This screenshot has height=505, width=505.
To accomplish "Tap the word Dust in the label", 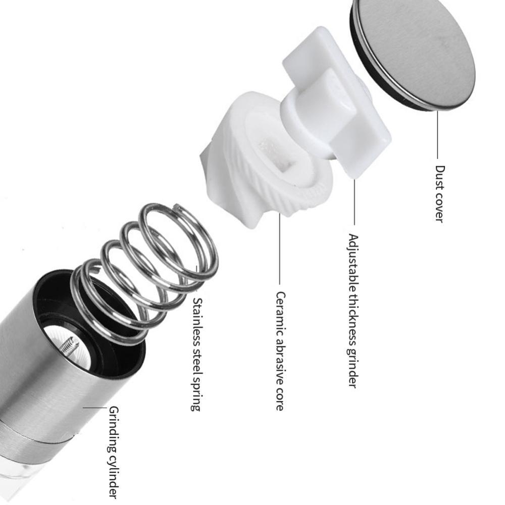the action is click(440, 177).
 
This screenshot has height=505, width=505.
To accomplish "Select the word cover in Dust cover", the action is click(439, 208).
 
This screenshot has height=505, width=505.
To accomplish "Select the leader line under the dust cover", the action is click(438, 135).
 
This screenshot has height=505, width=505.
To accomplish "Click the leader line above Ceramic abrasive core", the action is click(280, 248).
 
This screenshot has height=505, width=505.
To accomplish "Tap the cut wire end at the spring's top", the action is click(176, 207).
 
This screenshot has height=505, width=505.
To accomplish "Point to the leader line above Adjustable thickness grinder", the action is click(355, 202).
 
